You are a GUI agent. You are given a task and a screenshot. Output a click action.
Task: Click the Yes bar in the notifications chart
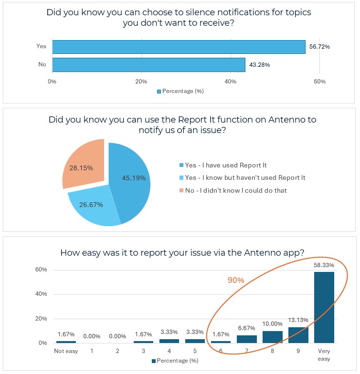point(179,47)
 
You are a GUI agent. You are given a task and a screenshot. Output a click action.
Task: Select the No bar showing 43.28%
point(148,64)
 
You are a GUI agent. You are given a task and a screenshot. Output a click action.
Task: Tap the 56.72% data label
point(319,47)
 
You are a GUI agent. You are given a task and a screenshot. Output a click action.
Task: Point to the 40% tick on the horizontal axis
point(231,82)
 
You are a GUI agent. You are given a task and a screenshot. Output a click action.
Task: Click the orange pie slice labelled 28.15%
point(83,165)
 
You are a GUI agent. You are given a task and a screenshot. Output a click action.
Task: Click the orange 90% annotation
point(236,280)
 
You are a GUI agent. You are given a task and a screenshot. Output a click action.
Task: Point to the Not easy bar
point(65,342)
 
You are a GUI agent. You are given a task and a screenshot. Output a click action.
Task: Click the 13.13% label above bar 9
point(298,320)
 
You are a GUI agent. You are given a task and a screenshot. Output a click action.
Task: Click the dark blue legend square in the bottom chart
point(153,361)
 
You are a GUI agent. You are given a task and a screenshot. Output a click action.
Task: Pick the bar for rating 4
point(169,341)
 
